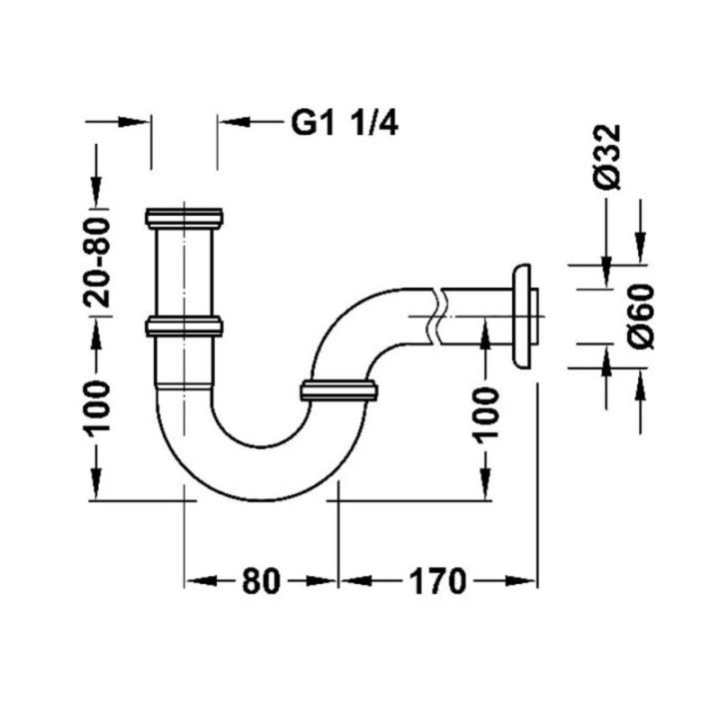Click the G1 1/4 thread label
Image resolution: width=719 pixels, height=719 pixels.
pyautogui.click(x=345, y=124)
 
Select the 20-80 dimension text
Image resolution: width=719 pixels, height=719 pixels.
pyautogui.click(x=97, y=263)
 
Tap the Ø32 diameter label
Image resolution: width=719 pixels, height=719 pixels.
pyautogui.click(x=608, y=157)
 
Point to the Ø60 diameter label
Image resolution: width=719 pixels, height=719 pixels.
pyautogui.click(x=640, y=316)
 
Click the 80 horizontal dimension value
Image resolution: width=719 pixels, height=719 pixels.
pyautogui.click(x=261, y=580)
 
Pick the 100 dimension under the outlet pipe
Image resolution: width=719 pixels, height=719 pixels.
pyautogui.click(x=485, y=415)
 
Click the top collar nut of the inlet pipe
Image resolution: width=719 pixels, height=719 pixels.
pyautogui.click(x=184, y=219)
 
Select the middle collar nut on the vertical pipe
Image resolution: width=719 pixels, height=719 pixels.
pyautogui.click(x=184, y=326)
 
